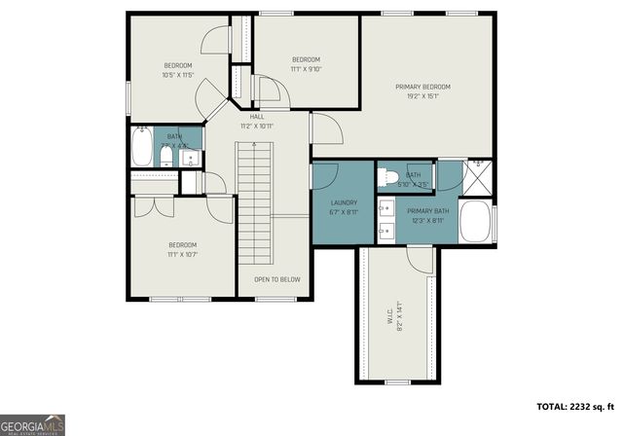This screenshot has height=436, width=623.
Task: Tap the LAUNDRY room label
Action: pos(345,202)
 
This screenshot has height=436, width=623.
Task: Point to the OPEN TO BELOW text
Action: pos(276,279)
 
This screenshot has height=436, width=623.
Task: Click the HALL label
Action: pos(257,117)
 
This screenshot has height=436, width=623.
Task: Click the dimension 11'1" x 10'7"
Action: pos(183,253)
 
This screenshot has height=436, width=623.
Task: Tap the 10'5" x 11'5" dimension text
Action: pos(178,74)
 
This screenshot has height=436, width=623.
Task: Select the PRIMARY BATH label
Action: pos(427,211)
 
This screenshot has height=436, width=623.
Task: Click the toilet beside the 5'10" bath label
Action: pos(386,176)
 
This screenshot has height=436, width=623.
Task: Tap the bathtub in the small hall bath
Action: pos(142,151)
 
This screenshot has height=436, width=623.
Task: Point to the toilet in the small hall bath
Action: pos(166,157)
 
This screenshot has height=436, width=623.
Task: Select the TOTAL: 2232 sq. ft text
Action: pos(574,406)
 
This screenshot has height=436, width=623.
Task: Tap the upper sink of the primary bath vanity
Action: pos(384,207)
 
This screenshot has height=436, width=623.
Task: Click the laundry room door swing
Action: pos(326,175)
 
